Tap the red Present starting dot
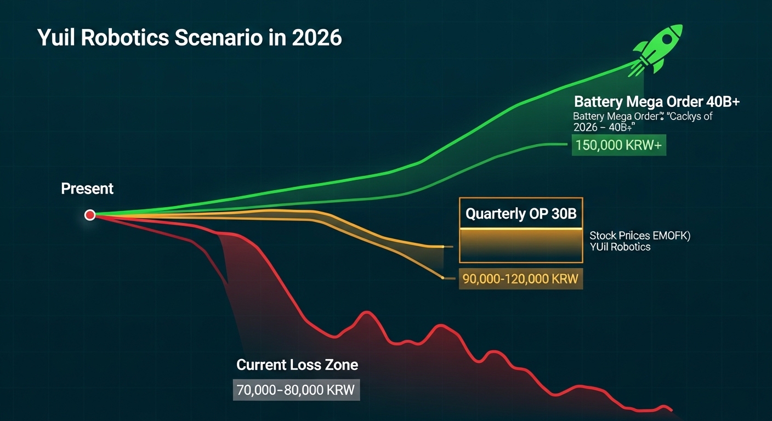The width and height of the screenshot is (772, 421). pos(90,215)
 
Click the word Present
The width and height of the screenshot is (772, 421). pos(87,189)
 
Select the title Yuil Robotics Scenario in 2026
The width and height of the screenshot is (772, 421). pos(189,38)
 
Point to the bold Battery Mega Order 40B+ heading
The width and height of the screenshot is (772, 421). pos(657,102)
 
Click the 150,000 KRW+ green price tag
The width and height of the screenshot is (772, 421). pos(618,146)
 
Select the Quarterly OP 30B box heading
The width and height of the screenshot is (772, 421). pos(520,213)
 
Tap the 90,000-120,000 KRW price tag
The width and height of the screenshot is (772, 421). pos(520,278)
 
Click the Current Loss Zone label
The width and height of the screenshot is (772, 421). pos(297,365)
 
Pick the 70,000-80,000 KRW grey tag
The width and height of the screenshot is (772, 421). pos(296,390)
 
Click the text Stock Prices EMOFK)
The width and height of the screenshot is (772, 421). pos(639,236)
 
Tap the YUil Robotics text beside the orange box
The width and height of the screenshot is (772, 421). pos(620,247)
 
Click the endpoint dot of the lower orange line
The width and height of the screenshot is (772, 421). pos(442,278)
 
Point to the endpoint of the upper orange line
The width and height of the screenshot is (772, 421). pos(442,247)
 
